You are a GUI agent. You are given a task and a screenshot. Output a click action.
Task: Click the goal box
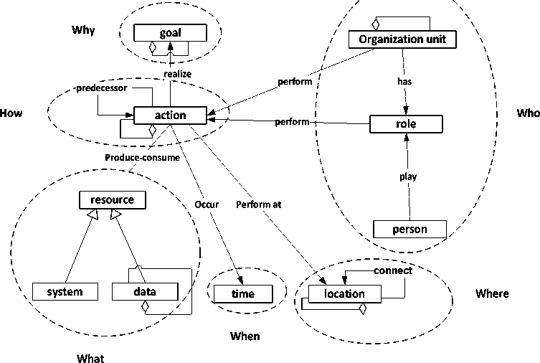tap(170, 32)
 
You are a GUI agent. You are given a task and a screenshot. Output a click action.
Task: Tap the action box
tap(170, 115)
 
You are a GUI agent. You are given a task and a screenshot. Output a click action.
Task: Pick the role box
tap(406, 124)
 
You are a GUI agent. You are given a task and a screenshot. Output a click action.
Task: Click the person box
tap(409, 230)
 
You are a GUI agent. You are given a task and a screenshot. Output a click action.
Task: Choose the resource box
tap(112, 200)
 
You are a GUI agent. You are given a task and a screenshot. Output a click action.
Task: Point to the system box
tap(65, 291)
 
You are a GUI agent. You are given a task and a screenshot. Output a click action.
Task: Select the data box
tap(144, 291)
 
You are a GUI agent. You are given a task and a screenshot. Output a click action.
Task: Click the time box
tap(243, 293)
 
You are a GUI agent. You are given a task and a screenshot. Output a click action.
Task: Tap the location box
tap(344, 293)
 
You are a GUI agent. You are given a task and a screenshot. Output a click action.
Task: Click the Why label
tap(83, 30)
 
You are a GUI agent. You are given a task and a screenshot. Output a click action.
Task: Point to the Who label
tap(527, 113)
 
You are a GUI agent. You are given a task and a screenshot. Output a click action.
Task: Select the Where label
tap(492, 293)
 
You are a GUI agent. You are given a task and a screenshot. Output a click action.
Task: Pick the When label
tap(245, 336)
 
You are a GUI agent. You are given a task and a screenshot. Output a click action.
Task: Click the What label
tap(90, 358)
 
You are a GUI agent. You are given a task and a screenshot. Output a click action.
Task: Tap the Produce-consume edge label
tap(142, 158)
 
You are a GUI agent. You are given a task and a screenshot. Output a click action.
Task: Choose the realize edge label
tap(177, 73)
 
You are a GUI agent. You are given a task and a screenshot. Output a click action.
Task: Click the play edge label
tap(408, 176)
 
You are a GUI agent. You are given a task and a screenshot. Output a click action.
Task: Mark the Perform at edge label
tap(258, 204)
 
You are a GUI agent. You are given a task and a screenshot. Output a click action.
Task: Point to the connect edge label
tap(393, 270)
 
